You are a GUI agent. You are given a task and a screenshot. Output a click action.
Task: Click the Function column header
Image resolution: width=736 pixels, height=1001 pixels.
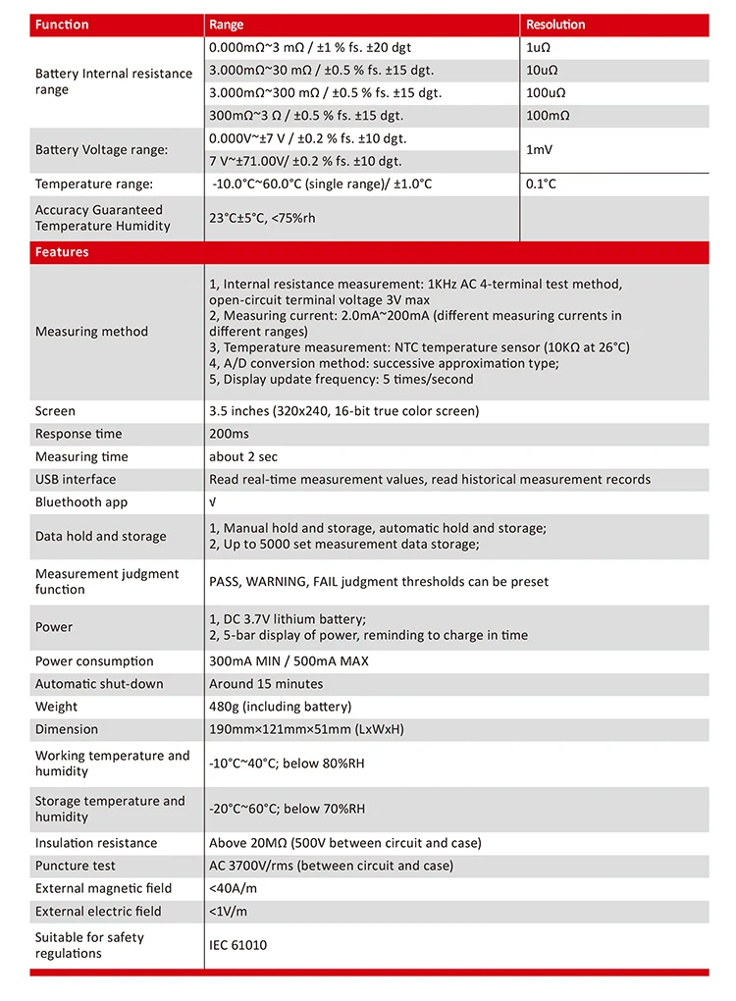[x=62, y=25]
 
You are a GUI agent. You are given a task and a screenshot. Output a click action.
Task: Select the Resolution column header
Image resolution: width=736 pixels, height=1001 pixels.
[x=555, y=25]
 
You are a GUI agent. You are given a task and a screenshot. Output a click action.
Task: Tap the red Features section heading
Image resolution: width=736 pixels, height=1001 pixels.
[x=62, y=252]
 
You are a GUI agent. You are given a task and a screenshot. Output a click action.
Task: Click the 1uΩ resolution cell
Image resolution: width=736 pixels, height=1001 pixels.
[x=540, y=47]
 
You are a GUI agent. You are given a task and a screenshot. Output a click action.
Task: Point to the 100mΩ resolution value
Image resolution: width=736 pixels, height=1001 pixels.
[x=548, y=115]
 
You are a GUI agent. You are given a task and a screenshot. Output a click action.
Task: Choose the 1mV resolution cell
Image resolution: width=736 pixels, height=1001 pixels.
[x=541, y=149]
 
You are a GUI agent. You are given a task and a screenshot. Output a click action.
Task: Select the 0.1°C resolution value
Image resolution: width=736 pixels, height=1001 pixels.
[x=542, y=184]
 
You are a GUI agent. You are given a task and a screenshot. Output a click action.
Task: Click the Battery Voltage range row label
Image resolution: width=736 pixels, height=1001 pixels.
[x=101, y=150]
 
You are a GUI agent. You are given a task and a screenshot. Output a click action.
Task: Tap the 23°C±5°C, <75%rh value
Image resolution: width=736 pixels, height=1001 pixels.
[x=262, y=218]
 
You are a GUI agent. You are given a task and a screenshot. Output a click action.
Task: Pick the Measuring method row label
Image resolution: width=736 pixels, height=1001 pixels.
[x=91, y=332]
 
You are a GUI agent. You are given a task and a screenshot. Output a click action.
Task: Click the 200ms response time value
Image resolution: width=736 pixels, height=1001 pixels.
[x=229, y=434]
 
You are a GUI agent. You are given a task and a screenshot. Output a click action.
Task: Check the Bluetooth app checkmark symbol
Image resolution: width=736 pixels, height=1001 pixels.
[x=213, y=502]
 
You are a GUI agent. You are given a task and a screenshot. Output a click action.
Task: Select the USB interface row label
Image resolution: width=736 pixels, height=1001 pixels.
[x=76, y=479]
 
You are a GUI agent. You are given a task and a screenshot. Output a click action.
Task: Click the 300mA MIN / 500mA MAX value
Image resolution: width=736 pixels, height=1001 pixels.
[x=289, y=661]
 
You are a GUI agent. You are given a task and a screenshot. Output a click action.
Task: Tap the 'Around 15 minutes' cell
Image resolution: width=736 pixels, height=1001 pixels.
[x=266, y=684]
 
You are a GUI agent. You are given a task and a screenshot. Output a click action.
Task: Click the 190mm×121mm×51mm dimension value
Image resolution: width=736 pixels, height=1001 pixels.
[x=306, y=729]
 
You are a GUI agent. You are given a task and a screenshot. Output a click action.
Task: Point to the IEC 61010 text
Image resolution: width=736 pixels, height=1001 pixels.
[x=237, y=945]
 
